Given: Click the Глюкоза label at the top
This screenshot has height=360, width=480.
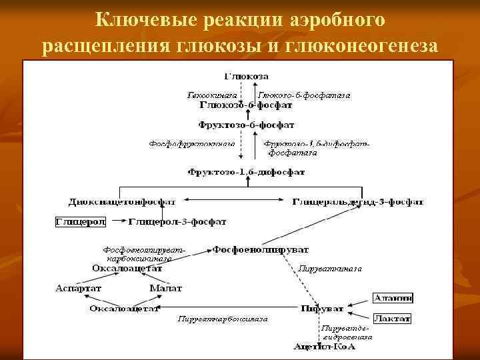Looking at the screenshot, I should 241,77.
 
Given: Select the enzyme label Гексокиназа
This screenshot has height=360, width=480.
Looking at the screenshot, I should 207,96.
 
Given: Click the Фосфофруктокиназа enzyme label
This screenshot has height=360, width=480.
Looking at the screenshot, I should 191,143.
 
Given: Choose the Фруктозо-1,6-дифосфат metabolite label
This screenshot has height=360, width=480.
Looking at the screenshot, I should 246,172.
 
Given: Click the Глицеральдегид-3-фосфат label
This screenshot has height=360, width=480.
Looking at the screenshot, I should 358,201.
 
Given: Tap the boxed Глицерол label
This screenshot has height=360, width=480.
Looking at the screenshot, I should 78,221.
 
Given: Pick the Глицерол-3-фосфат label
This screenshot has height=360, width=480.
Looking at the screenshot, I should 177,221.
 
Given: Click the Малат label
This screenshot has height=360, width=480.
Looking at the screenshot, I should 165,288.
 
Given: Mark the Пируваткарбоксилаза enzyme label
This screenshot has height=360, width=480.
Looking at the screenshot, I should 223,319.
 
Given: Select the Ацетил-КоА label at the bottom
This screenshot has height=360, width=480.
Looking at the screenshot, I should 325,347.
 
